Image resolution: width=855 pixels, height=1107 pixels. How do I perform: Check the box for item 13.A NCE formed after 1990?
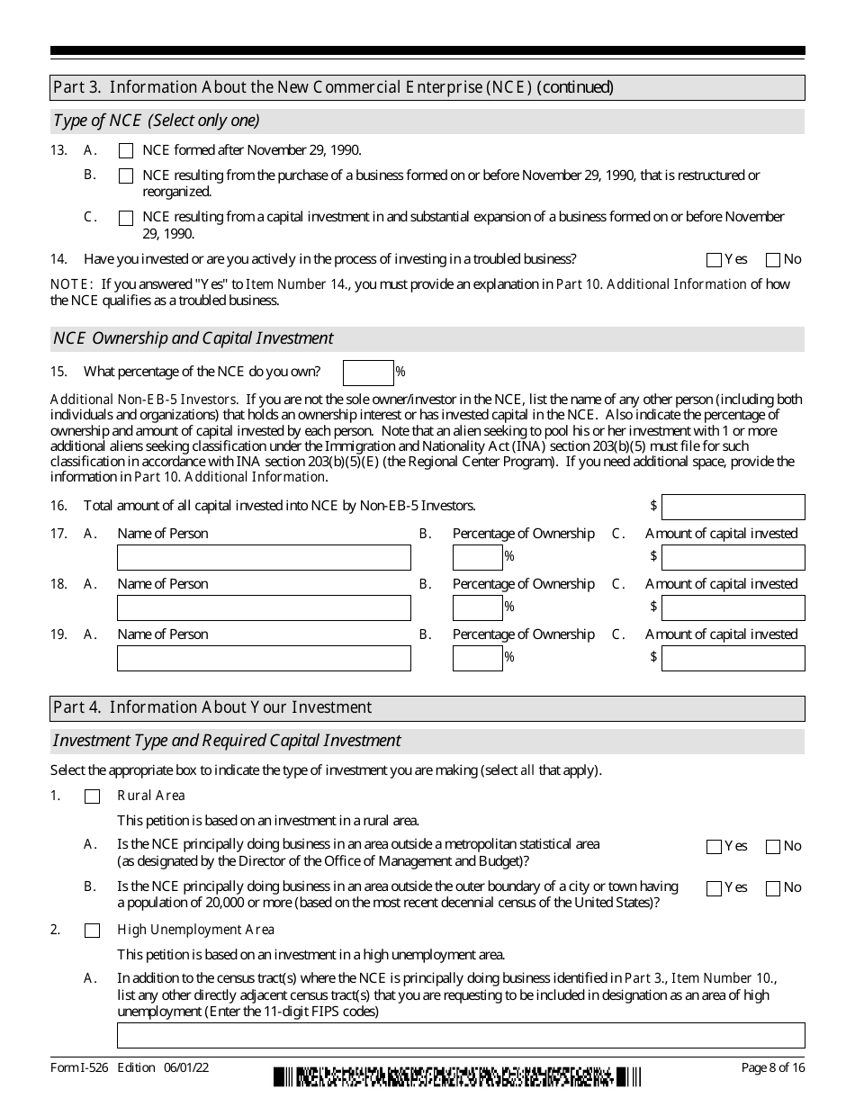126,151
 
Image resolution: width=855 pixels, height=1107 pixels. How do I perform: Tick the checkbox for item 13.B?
126,175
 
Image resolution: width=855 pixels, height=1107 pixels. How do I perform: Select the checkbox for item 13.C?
126,218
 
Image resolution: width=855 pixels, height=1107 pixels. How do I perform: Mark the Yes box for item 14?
715,260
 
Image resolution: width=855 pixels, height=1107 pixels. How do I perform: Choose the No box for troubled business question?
772,260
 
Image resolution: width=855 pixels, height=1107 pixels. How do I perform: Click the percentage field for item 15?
368,372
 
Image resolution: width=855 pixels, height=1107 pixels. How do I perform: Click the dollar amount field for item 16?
733,507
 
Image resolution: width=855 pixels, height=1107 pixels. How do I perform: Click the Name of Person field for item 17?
264,557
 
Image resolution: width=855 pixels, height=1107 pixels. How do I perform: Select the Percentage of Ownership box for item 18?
477,607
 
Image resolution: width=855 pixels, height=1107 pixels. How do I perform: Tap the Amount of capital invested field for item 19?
733,658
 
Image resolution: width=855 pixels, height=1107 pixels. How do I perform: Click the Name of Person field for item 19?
264,658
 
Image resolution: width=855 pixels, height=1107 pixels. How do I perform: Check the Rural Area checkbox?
92,796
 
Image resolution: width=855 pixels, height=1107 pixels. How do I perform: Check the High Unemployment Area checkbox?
92,931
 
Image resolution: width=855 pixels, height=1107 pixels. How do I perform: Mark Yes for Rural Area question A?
715,847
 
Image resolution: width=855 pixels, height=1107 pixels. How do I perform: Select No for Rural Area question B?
772,888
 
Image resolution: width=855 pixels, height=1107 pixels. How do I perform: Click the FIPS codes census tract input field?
461,1035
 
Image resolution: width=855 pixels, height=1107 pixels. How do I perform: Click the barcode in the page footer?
458,1076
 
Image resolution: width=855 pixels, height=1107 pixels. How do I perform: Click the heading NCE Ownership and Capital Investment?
193,338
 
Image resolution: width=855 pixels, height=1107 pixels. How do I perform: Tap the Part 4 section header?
212,707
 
